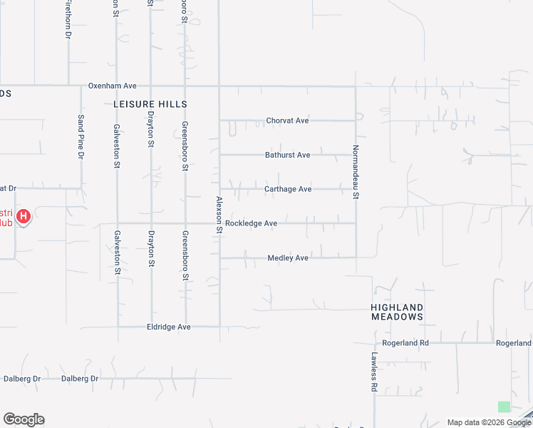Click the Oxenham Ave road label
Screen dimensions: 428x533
point(112,86)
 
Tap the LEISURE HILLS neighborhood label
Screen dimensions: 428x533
point(150,104)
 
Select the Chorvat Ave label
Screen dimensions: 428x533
point(287,121)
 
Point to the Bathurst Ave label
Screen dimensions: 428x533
point(287,155)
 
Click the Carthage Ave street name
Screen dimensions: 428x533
point(288,189)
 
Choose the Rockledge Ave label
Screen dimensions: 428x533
point(251,223)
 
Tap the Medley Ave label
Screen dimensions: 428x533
point(287,258)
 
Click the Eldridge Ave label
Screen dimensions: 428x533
point(169,327)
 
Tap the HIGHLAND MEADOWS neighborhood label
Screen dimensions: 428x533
point(397,311)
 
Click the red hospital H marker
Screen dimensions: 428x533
point(24,216)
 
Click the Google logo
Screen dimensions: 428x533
point(24,419)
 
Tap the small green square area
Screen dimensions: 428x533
point(504,407)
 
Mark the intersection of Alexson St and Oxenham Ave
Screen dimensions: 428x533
point(219,86)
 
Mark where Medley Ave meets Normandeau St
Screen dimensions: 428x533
point(356,257)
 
